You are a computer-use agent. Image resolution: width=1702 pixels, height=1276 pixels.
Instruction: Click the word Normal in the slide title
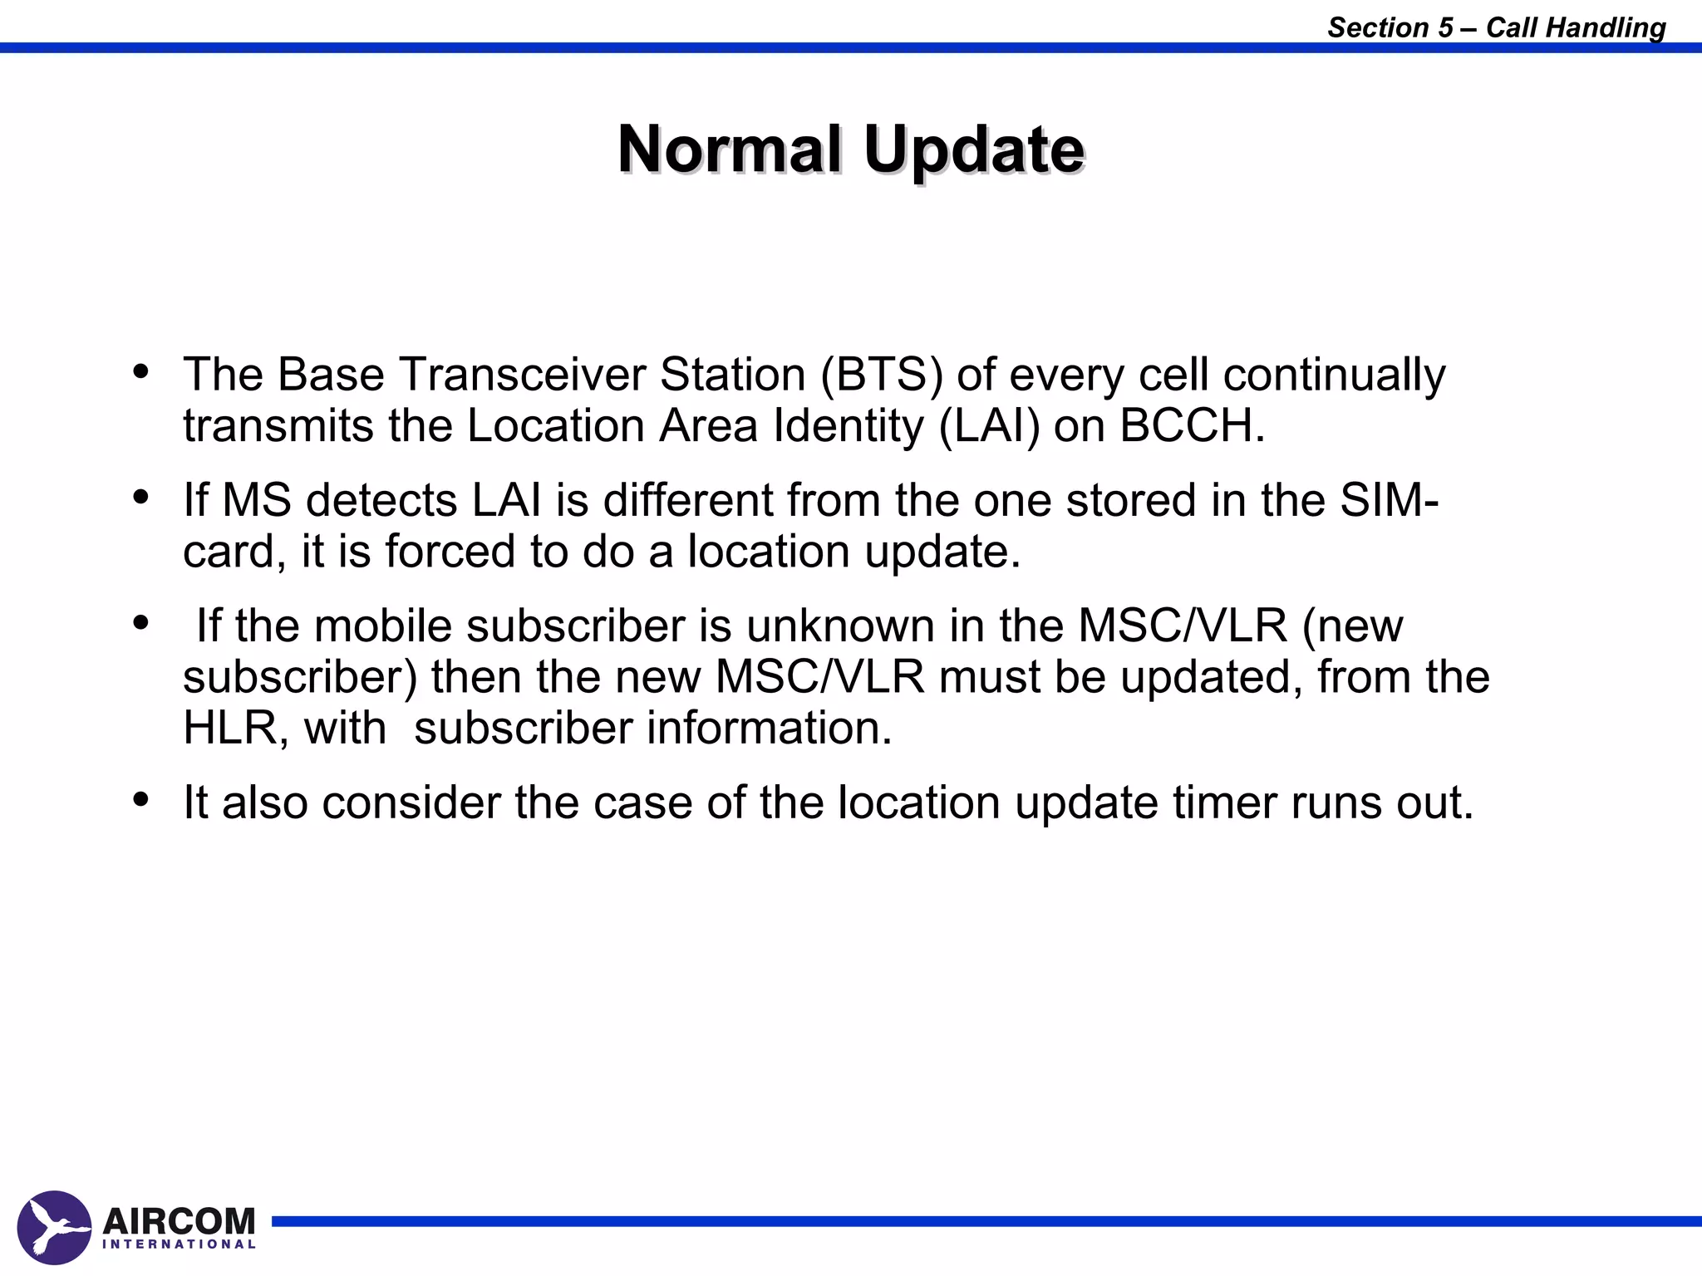point(729,150)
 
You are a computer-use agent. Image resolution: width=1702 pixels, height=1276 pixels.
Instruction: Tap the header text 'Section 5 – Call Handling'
point(1496,27)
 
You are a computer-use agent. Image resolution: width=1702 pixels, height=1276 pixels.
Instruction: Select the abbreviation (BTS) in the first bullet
point(882,375)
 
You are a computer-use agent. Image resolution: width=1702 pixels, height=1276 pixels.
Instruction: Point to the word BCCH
point(1192,426)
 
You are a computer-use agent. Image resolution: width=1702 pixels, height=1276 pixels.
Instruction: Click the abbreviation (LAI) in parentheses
point(989,426)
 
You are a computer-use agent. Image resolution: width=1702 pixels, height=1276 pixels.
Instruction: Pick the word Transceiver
point(522,375)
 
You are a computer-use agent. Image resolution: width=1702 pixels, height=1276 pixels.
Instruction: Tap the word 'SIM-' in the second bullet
point(1389,500)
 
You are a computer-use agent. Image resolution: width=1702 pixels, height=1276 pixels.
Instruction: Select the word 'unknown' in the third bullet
point(840,626)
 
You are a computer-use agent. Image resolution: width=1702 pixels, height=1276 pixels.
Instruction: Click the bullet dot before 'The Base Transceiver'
point(141,371)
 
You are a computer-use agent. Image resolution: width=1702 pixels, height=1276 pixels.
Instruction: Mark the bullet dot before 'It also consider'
point(141,799)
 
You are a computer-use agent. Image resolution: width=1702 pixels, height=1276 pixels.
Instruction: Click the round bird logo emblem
point(54,1227)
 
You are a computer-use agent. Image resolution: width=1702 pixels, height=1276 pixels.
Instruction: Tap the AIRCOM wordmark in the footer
point(179,1220)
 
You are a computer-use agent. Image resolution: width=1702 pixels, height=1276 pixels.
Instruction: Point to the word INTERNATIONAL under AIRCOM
point(179,1244)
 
